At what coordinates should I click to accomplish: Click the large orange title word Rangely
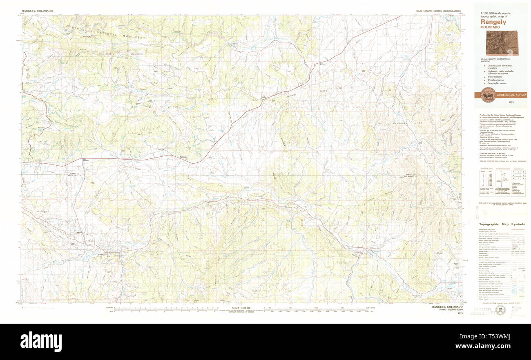pos(493,22)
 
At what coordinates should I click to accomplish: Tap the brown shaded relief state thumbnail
pos(501,43)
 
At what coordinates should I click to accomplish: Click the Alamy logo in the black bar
pos(41,341)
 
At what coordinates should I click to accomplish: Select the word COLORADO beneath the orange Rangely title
pos(490,27)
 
